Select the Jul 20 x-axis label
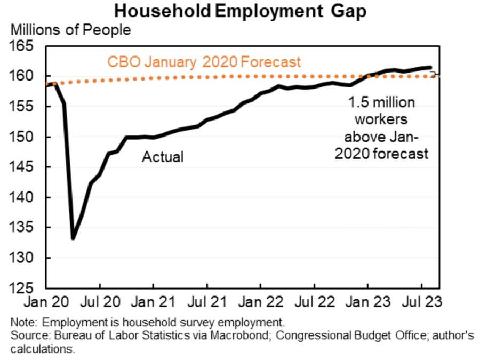click(100, 302)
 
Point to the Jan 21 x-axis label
click(153, 302)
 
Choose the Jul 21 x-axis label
click(206, 302)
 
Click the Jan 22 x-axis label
click(260, 302)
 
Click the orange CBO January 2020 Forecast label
click(204, 62)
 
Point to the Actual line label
click(162, 157)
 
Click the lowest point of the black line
click(73, 238)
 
